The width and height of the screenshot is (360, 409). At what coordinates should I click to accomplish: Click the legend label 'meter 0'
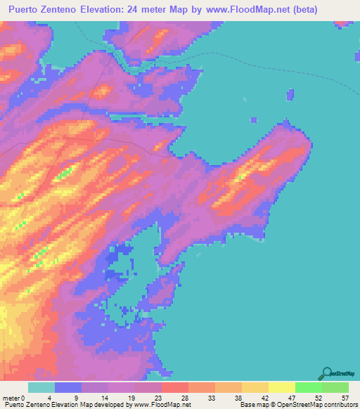(15, 397)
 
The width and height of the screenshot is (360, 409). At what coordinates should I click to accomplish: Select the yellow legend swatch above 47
(282, 387)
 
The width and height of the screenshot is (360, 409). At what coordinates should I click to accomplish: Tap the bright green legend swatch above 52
(309, 387)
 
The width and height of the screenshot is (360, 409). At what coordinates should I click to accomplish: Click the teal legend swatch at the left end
(41, 387)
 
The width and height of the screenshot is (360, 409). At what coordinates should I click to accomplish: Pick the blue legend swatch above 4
(68, 387)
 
